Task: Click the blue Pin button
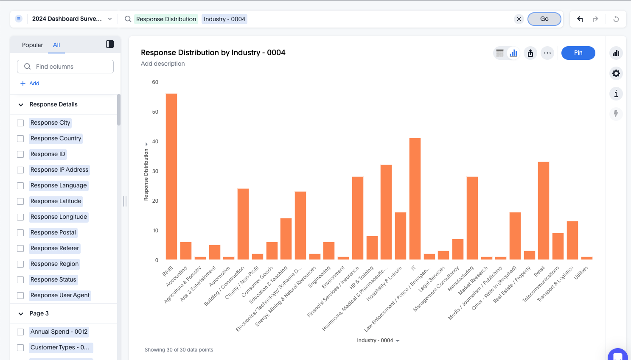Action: click(x=578, y=53)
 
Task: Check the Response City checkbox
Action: click(x=20, y=123)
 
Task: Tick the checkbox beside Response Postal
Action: click(x=20, y=233)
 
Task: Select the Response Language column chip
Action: click(x=59, y=186)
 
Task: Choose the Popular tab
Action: click(x=32, y=45)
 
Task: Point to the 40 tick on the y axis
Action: click(x=155, y=142)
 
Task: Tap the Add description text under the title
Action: click(x=163, y=64)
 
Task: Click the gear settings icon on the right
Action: click(x=616, y=73)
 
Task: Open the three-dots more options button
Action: click(x=547, y=53)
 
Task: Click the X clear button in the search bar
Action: click(x=519, y=19)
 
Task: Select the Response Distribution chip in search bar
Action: click(x=166, y=19)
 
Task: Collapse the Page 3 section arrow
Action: click(x=21, y=314)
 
